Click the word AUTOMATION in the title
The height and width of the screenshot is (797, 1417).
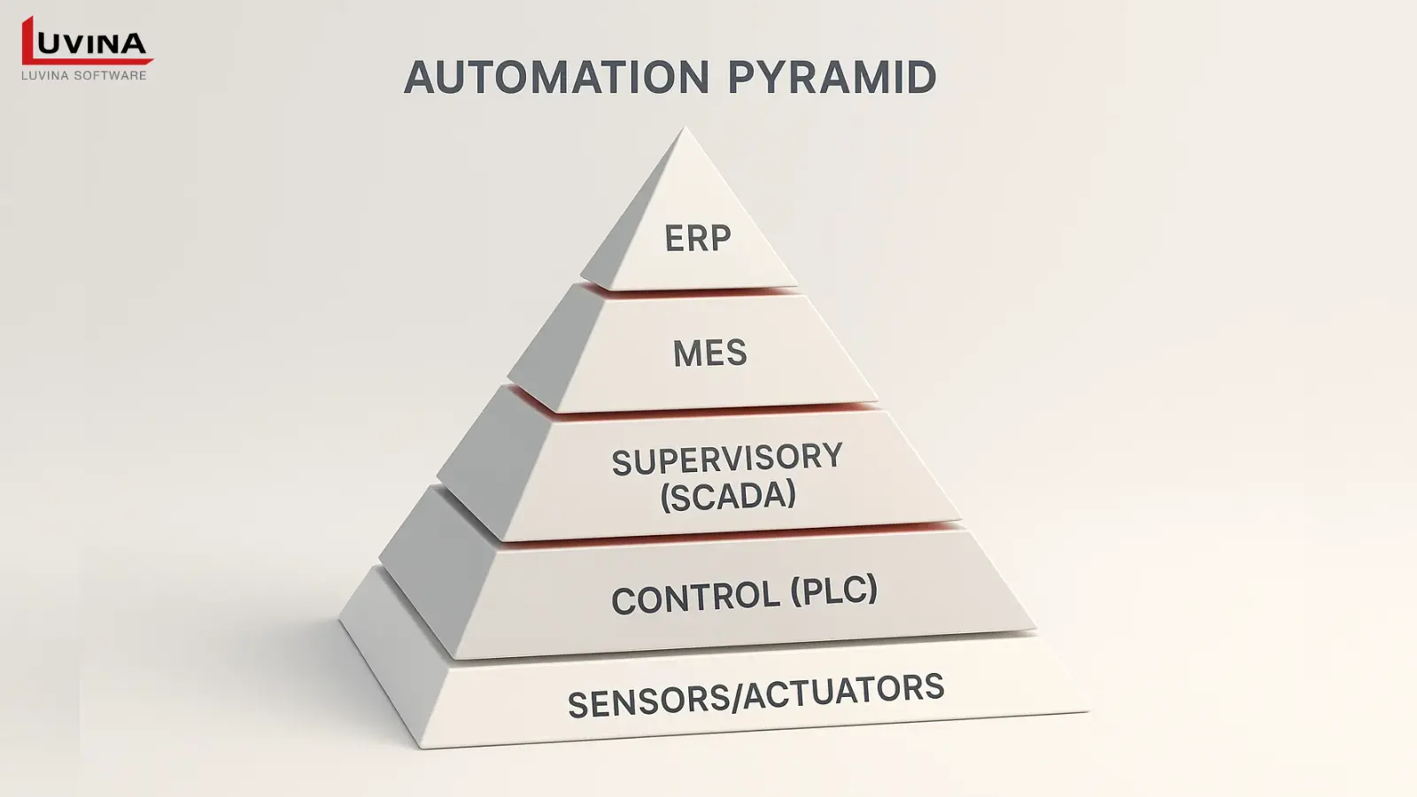click(556, 78)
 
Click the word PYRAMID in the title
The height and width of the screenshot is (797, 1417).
click(832, 78)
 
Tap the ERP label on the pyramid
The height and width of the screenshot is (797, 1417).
click(698, 238)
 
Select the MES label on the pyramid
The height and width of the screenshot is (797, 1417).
click(709, 353)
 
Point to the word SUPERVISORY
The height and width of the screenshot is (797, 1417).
click(727, 460)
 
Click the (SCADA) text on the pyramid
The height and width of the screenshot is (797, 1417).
click(728, 497)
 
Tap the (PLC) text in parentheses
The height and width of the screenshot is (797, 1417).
click(833, 591)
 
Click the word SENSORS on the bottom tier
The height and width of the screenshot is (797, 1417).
click(647, 702)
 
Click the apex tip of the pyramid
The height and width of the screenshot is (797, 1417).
click(685, 129)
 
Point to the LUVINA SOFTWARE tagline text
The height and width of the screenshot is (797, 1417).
click(84, 76)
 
